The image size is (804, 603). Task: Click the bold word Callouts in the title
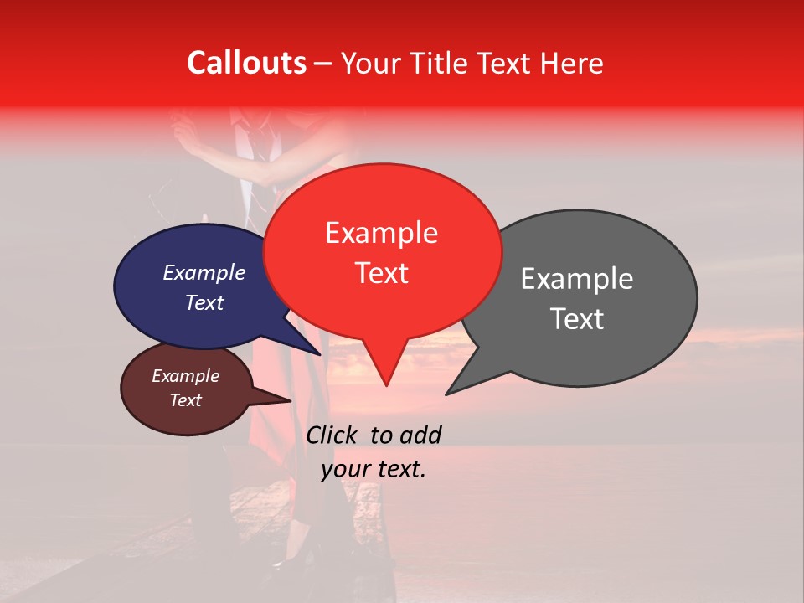pyautogui.click(x=246, y=63)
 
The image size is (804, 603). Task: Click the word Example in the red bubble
pyautogui.click(x=381, y=233)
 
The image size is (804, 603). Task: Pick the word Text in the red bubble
pyautogui.click(x=381, y=273)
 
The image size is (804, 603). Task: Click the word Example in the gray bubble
pyautogui.click(x=577, y=279)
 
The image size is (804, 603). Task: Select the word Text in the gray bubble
pyautogui.click(x=577, y=319)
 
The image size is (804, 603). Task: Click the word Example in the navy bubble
pyautogui.click(x=204, y=272)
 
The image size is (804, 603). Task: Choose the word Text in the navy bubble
pyautogui.click(x=204, y=302)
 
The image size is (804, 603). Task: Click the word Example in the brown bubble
pyautogui.click(x=185, y=376)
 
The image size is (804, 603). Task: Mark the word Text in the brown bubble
pyautogui.click(x=185, y=400)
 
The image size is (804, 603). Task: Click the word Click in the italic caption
pyautogui.click(x=332, y=435)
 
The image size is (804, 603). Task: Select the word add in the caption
pyautogui.click(x=420, y=435)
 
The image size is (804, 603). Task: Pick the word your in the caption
pyautogui.click(x=345, y=469)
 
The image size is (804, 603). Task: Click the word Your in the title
pyautogui.click(x=372, y=63)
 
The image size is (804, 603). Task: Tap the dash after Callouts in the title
pyautogui.click(x=323, y=64)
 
